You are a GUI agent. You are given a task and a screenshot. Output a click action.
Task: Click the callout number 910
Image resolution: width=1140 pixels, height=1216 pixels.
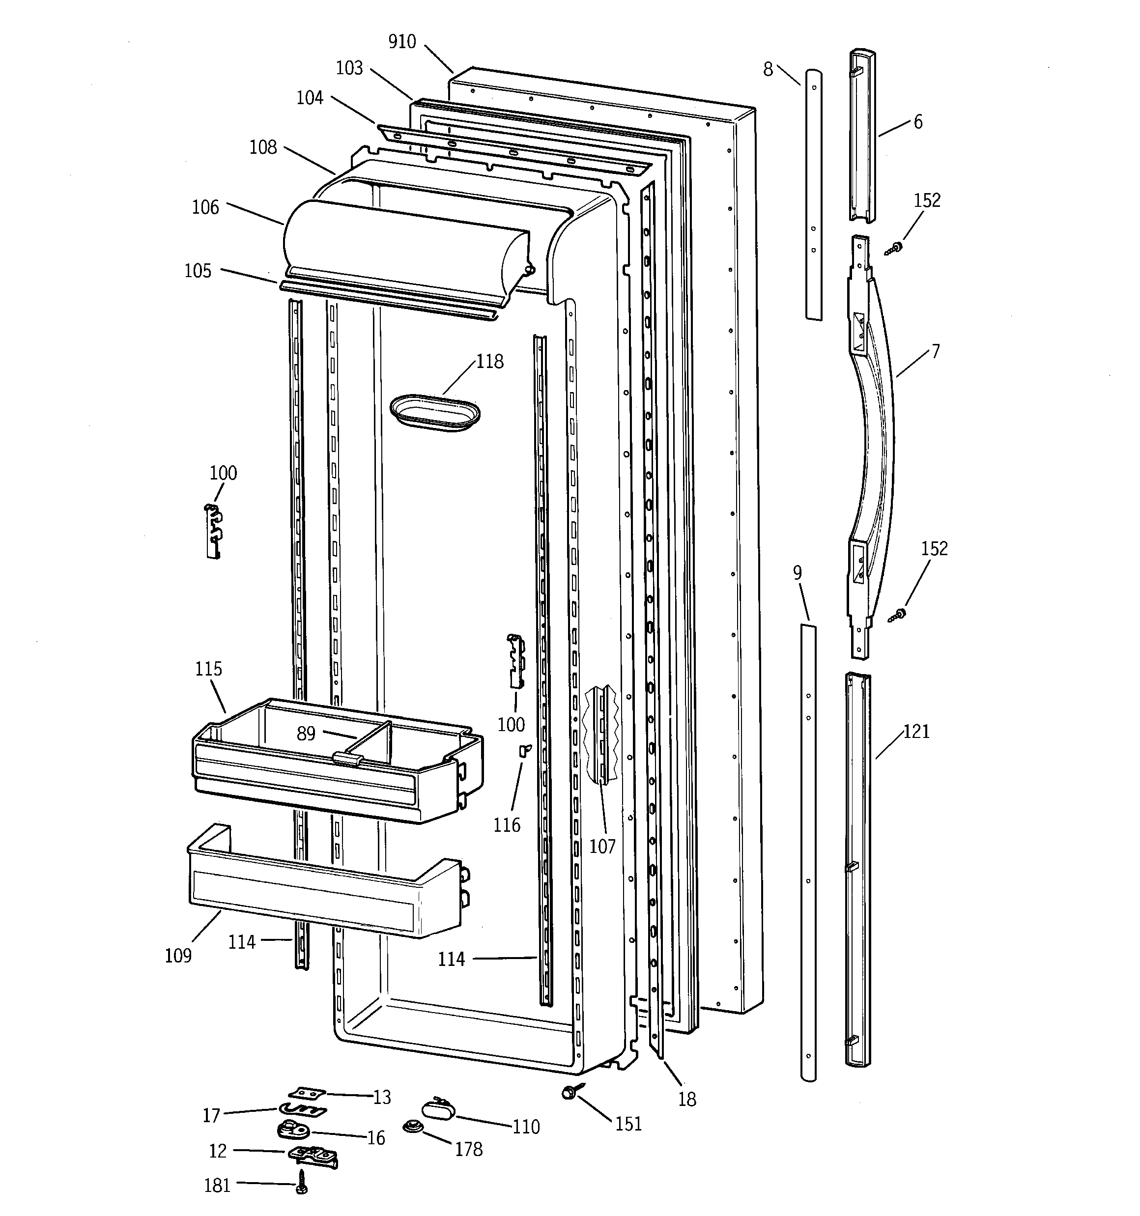pyautogui.click(x=402, y=42)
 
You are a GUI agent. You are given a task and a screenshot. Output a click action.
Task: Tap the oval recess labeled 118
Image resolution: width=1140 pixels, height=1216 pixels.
pyautogui.click(x=434, y=412)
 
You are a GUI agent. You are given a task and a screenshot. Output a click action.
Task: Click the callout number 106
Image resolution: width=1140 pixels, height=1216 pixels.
pyautogui.click(x=205, y=208)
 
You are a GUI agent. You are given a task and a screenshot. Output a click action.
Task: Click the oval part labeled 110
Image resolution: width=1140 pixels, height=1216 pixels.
pyautogui.click(x=437, y=1108)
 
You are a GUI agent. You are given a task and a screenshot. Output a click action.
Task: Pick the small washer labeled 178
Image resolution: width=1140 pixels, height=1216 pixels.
pyautogui.click(x=412, y=1127)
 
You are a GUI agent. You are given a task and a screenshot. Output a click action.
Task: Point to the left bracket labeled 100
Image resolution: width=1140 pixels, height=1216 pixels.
pyautogui.click(x=213, y=530)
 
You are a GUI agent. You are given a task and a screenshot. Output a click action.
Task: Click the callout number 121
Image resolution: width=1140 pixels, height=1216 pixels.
pyautogui.click(x=916, y=732)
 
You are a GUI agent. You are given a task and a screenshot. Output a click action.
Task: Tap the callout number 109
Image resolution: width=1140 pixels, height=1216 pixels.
pyautogui.click(x=178, y=956)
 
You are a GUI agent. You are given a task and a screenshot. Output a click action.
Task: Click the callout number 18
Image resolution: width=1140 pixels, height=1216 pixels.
pyautogui.click(x=687, y=1100)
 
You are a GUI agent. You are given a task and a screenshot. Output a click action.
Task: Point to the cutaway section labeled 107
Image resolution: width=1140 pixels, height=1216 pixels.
pyautogui.click(x=602, y=734)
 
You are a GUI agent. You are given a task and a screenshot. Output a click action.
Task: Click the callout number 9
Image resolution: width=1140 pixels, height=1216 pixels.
pyautogui.click(x=798, y=573)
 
